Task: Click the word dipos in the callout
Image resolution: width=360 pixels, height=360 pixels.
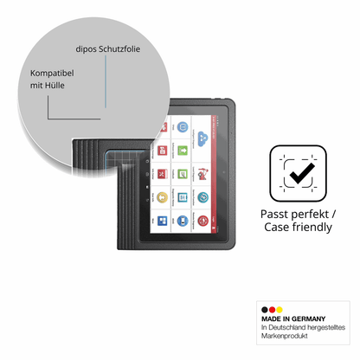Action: point(86,49)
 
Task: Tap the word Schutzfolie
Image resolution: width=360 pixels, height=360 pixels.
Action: point(119,48)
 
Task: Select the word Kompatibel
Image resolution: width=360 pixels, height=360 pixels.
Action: point(52,74)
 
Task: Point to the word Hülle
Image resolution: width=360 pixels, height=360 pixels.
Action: point(55,85)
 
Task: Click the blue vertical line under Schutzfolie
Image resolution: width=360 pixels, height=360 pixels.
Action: point(106,81)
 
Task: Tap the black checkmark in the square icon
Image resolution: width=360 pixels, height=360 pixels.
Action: point(302,173)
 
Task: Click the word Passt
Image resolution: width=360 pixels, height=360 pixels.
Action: point(273,215)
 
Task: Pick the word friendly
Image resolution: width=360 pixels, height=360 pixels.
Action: point(312,227)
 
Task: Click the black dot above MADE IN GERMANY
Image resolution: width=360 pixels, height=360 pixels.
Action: point(265,310)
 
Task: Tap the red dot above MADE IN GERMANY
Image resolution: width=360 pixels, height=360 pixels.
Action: point(272,310)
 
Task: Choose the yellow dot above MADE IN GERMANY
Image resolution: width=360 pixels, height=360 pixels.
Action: point(280,310)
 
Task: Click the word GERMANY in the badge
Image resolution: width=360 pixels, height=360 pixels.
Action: point(308,318)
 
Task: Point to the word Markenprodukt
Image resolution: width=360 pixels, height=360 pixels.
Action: point(285,336)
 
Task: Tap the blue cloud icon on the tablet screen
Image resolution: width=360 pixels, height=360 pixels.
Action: point(203,138)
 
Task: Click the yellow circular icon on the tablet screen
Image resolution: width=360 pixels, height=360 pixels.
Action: point(162,197)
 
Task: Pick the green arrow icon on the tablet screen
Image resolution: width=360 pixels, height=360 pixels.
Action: point(183,151)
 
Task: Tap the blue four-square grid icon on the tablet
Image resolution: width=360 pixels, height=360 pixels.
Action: point(162,221)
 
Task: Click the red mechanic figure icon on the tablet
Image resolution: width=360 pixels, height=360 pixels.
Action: point(202,174)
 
